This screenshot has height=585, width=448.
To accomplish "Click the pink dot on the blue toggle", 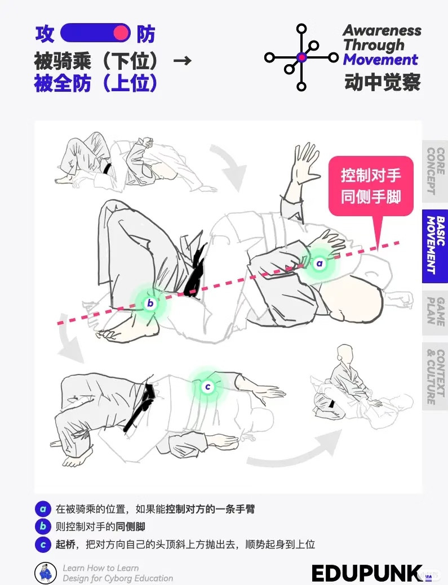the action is tap(121, 33).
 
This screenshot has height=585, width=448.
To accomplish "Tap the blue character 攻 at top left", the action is tap(45, 34).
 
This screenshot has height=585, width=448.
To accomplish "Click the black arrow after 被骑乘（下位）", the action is tap(183, 60).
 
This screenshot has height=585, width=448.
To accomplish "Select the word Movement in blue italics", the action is tap(380, 59).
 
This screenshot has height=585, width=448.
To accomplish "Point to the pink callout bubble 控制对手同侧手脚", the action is tap(371, 186).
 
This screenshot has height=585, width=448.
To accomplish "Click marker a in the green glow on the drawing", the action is tap(319, 264).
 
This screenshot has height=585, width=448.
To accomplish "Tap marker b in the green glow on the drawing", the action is tap(150, 303).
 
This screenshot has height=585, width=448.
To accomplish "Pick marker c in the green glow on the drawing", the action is tap(208, 387).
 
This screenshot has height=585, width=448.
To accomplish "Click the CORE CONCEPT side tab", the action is tap(435, 171).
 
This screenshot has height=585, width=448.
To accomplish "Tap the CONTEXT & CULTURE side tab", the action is tap(435, 377).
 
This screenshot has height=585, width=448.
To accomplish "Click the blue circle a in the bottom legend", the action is tap(43, 509).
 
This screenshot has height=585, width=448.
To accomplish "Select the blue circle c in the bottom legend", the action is tap(43, 544).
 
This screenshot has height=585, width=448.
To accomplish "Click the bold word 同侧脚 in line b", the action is tap(130, 527).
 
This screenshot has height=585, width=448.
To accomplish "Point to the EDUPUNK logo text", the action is tap(367, 573).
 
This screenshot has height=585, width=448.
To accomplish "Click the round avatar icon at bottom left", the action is tap(46, 573).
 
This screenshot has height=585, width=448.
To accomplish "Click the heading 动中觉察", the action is tap(383, 82).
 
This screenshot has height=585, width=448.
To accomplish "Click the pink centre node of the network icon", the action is tap(301, 57).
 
